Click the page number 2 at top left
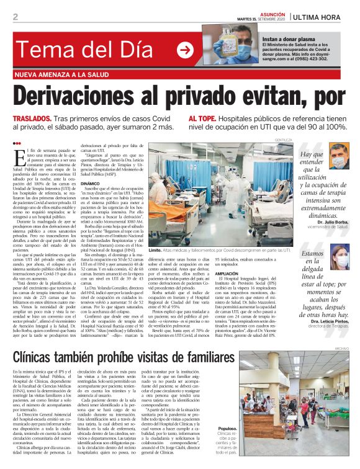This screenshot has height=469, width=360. click(x=15, y=17)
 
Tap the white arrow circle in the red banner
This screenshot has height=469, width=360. click(x=184, y=51)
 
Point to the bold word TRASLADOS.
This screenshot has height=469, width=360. click(x=32, y=118)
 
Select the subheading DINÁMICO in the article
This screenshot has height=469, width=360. click(x=90, y=184)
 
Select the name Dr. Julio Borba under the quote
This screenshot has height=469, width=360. click(x=333, y=221)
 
